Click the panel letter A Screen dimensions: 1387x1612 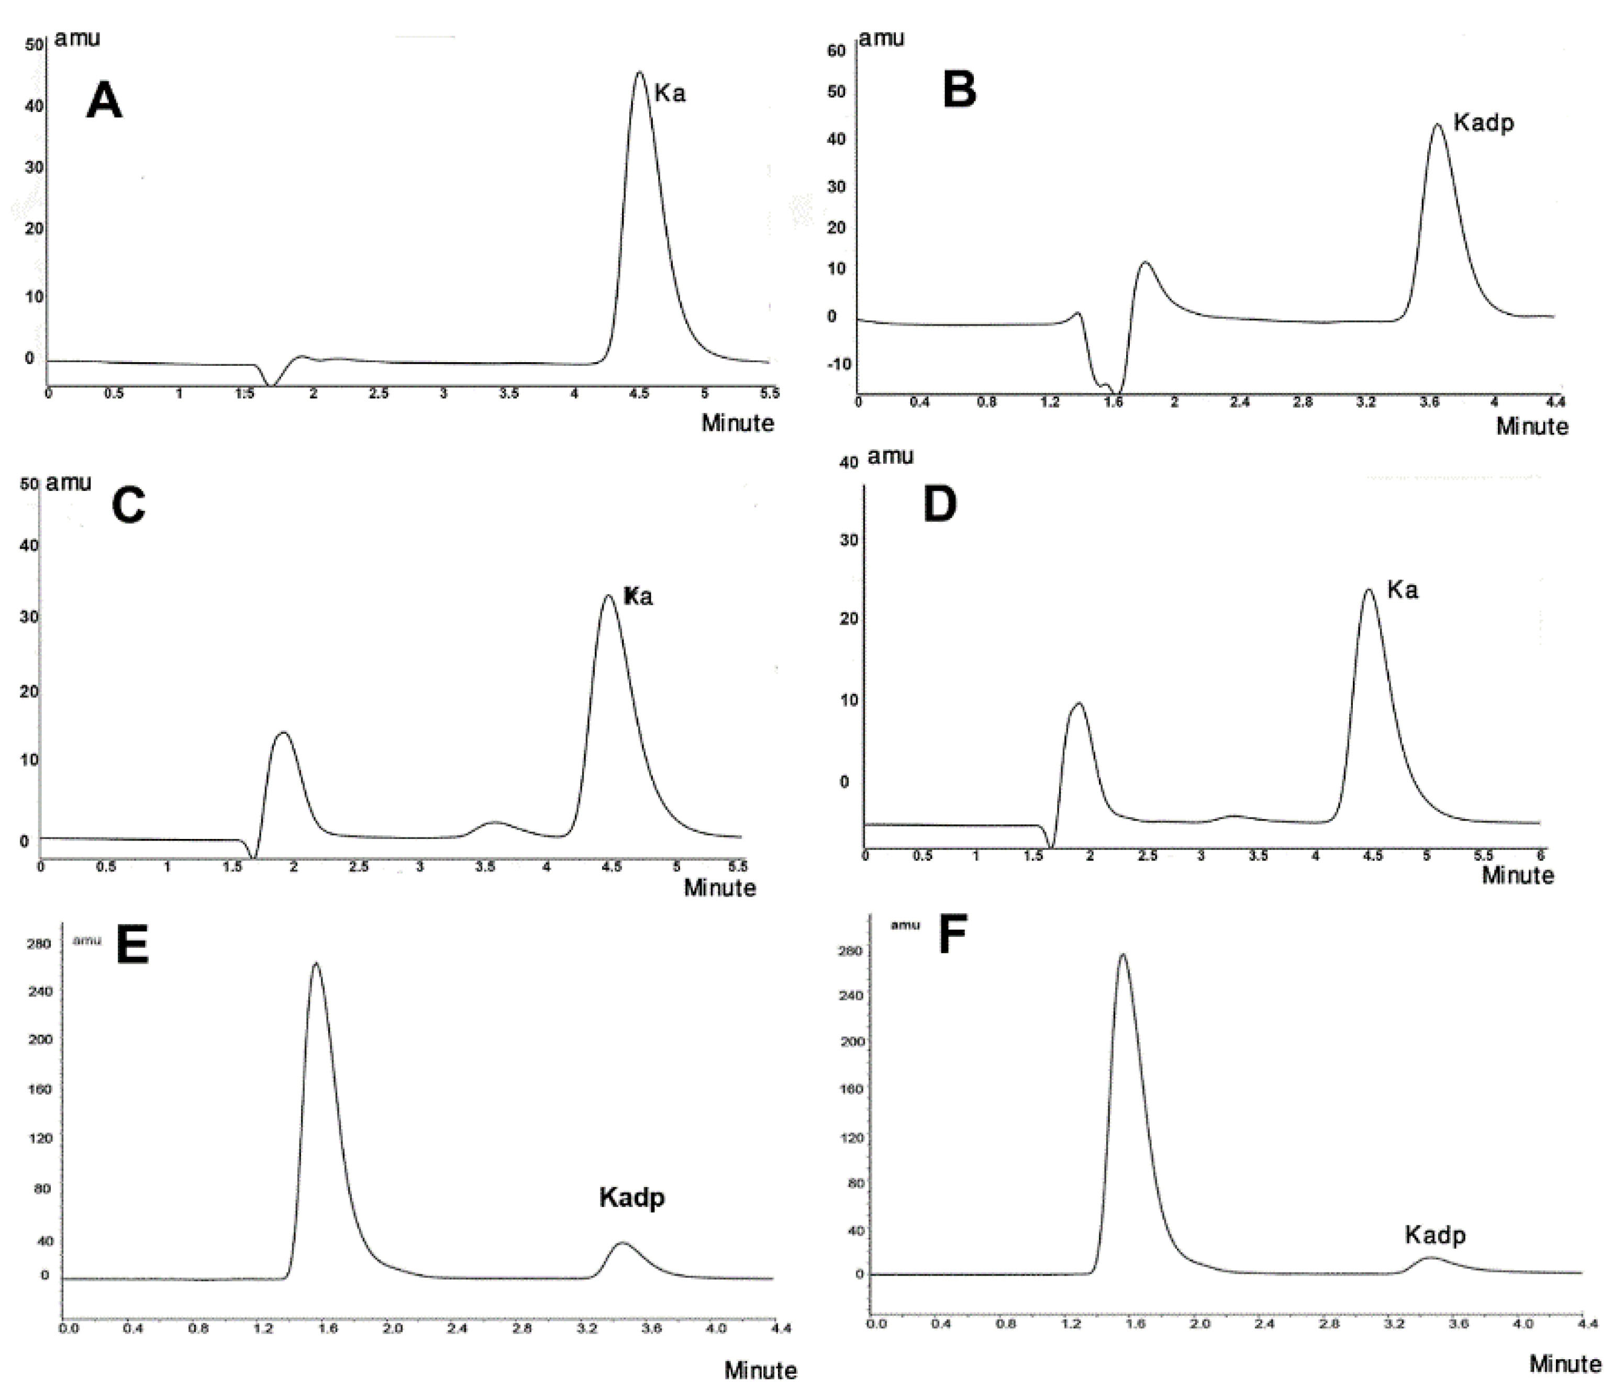point(104,102)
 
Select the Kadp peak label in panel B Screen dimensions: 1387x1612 point(1484,123)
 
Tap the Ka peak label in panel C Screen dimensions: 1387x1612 point(638,597)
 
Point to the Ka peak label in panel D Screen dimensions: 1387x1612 point(1402,590)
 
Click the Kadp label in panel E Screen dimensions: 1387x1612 point(632,1197)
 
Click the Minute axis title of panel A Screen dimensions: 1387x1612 point(738,423)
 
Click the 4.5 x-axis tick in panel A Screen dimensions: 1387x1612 point(639,394)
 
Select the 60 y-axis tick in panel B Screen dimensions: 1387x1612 point(836,51)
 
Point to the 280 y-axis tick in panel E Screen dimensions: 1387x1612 point(39,944)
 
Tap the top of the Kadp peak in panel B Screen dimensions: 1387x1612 point(1437,125)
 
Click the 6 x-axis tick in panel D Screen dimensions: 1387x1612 point(1542,856)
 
